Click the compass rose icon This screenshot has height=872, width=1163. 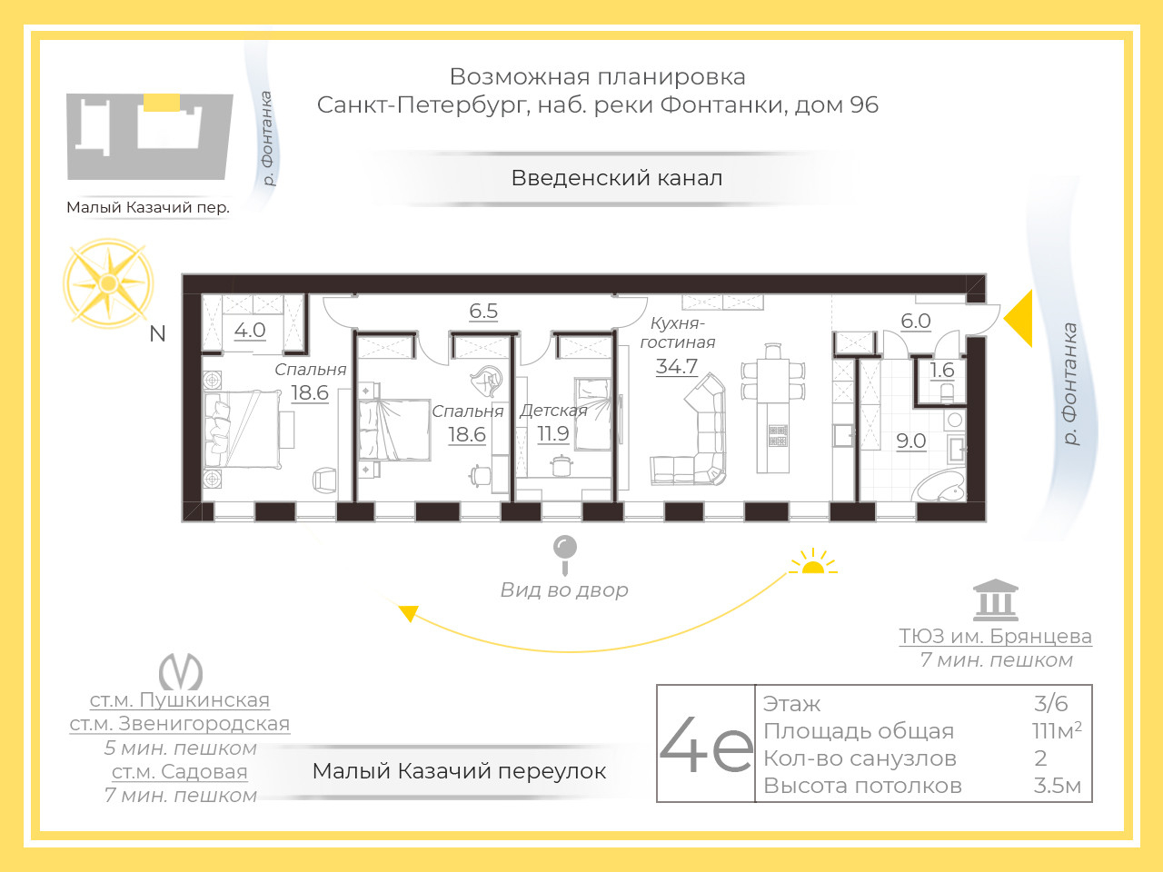coord(109,283)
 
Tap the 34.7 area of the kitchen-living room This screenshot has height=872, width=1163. coord(677,366)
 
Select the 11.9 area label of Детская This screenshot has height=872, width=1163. coord(553,433)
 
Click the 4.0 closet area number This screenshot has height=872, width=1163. coord(250,331)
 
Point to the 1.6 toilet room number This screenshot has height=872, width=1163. coord(942,370)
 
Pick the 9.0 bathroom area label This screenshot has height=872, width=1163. coord(910,441)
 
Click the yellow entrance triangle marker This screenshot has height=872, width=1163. coord(1019,318)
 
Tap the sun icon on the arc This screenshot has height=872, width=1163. coord(813,561)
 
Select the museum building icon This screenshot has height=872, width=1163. coord(996,599)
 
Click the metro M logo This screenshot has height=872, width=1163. coord(181,671)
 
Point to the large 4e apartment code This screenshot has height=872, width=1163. coord(706,743)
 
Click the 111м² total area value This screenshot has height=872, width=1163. coord(1057,730)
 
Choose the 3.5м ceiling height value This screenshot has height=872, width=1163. coord(1057,786)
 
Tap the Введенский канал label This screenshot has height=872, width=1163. coord(617,178)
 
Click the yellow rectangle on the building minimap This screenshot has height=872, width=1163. coord(162,102)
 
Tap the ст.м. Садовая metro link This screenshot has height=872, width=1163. coord(180,772)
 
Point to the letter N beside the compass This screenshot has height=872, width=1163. coord(157,334)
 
